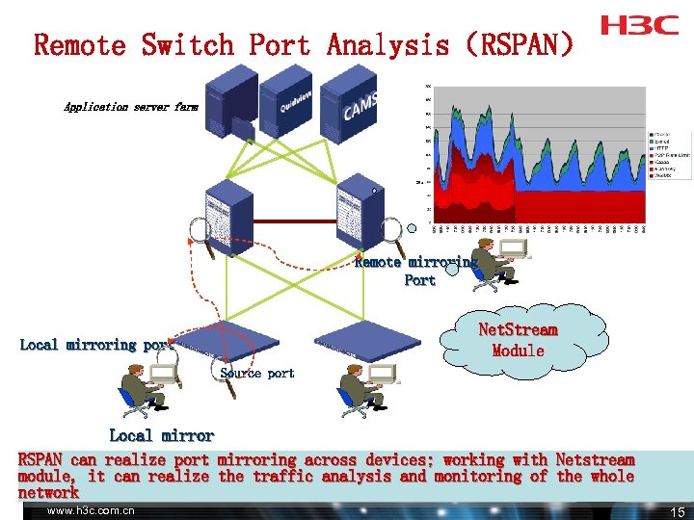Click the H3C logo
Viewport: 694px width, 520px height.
[x=639, y=25]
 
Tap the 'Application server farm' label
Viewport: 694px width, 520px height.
[x=130, y=107]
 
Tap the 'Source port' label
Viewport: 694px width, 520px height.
[x=257, y=373]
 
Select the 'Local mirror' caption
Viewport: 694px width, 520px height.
[x=161, y=435]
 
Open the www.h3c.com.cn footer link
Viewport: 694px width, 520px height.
[x=91, y=510]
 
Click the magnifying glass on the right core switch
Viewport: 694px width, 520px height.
[x=391, y=232]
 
